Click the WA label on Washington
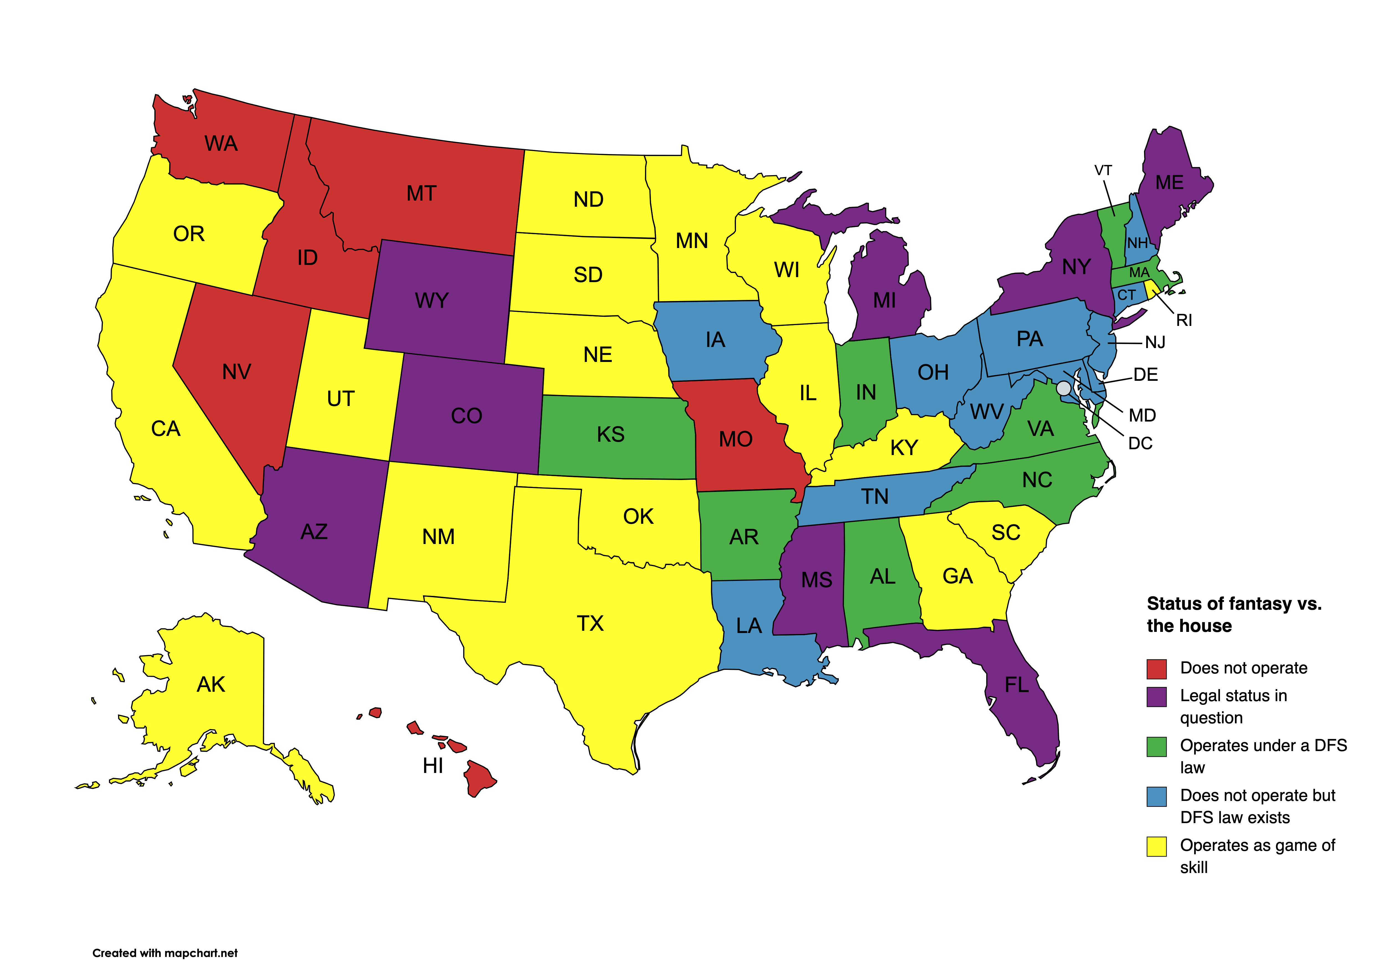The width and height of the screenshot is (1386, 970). coord(221,144)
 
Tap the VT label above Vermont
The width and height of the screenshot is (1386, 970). coord(1103,171)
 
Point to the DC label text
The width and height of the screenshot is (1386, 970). coord(1140,444)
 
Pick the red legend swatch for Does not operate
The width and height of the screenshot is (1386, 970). coord(1156,669)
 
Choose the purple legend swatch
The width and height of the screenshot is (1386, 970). coord(1156,696)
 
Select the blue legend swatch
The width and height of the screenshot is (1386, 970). coord(1156,796)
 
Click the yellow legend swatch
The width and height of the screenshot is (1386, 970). coord(1156,846)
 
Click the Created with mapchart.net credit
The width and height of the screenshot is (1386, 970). coord(165,953)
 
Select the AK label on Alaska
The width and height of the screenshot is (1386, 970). coord(211,685)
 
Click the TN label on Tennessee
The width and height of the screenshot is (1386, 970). coord(875,497)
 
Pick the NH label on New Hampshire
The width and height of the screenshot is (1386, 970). coord(1137,243)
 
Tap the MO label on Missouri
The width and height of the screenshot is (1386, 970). coord(735,440)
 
